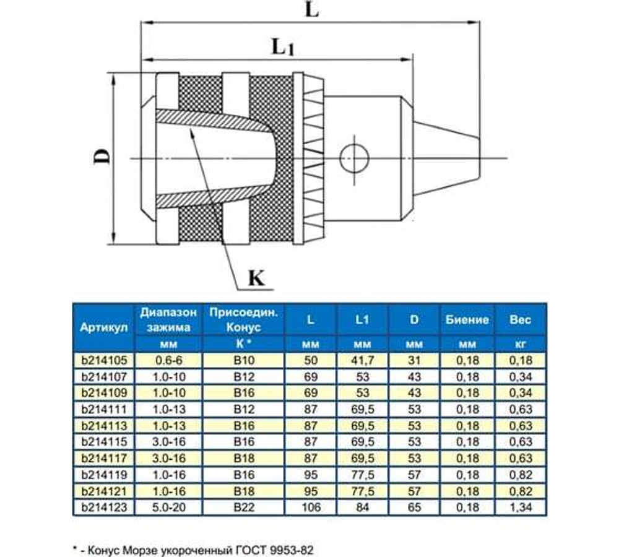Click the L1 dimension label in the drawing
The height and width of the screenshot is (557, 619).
(x=282, y=47)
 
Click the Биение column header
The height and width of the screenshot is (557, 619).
(x=467, y=320)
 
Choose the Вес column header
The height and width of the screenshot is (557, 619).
(x=520, y=320)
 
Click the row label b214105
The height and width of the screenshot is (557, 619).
(x=103, y=360)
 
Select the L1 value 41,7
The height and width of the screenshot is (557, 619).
(x=362, y=360)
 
